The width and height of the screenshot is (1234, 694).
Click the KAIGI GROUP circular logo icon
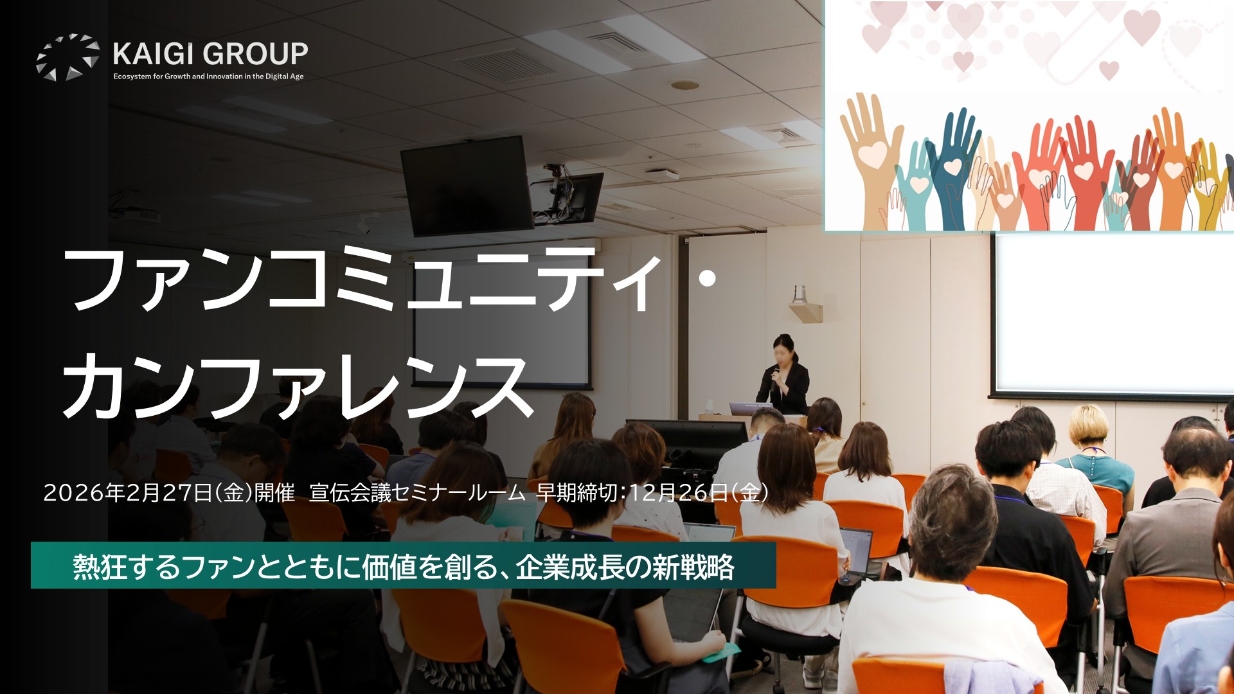click(68, 57)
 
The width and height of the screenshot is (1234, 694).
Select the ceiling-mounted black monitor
click(468, 185)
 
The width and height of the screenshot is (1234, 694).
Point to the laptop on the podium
click(751, 409)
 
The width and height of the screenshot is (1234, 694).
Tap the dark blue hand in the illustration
click(954, 167)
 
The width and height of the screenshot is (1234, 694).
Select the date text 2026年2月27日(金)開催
click(169, 493)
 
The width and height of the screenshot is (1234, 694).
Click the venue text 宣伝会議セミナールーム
click(417, 493)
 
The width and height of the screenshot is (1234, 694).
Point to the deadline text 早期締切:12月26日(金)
click(652, 493)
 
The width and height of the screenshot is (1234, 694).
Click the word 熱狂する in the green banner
click(127, 567)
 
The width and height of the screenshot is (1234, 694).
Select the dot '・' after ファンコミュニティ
click(708, 278)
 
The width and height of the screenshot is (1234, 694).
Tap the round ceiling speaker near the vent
click(685, 85)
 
